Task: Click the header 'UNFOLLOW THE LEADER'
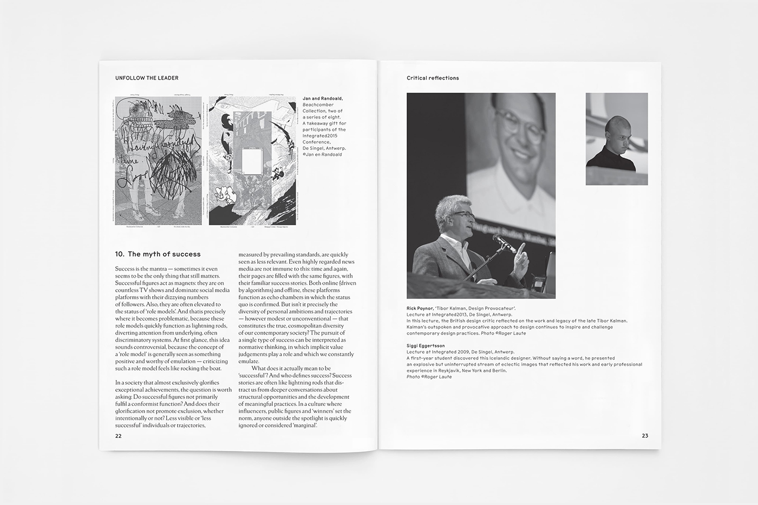point(147,78)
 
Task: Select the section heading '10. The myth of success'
point(158,254)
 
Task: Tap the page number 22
point(118,436)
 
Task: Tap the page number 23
point(644,436)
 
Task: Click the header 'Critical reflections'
point(433,78)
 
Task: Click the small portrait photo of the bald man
point(617,139)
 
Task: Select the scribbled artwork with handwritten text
point(158,161)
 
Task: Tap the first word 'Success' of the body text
point(125,269)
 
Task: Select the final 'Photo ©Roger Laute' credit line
point(429,377)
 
